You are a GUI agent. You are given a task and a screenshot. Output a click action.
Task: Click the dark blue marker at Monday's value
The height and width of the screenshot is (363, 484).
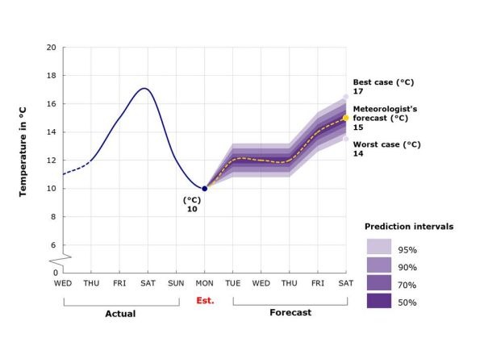tap(204, 188)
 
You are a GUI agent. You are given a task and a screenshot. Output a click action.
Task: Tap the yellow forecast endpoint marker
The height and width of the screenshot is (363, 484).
tap(346, 118)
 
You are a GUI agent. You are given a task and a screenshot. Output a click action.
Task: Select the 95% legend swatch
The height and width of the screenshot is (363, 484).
tap(379, 246)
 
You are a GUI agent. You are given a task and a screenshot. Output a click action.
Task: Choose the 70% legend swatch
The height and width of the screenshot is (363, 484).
tap(379, 282)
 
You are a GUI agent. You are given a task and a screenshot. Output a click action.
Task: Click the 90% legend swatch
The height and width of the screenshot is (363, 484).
tap(379, 265)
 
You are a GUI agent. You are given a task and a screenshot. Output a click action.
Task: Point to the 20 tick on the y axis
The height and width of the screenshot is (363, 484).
tap(51, 48)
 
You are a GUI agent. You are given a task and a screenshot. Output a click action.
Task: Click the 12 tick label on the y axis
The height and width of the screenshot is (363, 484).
tap(51, 161)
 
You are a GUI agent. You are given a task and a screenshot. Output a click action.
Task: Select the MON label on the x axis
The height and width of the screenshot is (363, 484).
tap(204, 283)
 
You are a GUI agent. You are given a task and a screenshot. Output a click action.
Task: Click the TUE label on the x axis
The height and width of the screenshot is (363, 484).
tap(233, 283)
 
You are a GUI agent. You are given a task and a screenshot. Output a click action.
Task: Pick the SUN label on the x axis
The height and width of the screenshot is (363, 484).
tap(176, 283)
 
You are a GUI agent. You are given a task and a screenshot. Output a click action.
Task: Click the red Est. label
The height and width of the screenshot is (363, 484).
tap(206, 301)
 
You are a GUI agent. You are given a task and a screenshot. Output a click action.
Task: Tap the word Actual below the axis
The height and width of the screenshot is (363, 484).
tap(120, 313)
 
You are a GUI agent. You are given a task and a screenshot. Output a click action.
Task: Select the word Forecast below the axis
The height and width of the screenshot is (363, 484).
tap(290, 312)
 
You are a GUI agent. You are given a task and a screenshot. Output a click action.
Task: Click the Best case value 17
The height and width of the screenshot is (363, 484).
tap(358, 93)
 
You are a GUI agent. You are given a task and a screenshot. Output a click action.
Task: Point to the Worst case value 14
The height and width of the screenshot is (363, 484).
tap(358, 153)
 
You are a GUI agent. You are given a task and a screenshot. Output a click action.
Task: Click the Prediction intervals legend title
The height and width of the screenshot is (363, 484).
tap(409, 227)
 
